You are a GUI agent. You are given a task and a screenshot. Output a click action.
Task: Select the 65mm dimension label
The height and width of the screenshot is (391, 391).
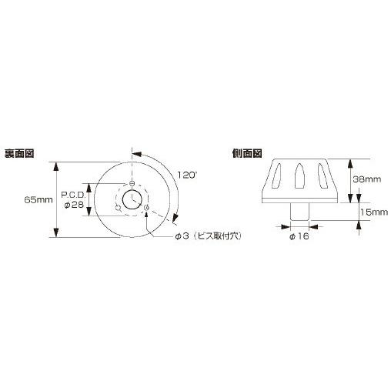coord(36,199)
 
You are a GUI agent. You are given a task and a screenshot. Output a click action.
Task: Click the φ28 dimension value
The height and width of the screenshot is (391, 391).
coord(74,205)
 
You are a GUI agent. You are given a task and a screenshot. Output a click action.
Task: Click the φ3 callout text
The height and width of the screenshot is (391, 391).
coord(183,236)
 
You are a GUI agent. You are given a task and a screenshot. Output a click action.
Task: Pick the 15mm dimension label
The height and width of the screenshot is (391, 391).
coord(369,211)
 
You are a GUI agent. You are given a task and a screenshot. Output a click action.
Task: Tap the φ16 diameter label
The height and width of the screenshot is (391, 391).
coord(299,236)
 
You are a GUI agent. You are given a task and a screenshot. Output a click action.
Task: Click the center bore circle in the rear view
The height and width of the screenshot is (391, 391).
coord(132,199)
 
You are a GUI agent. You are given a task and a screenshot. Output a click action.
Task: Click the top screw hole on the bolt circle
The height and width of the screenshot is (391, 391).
coord(132,183)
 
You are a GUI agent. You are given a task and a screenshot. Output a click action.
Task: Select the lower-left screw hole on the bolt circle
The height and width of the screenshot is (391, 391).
coord(118,208)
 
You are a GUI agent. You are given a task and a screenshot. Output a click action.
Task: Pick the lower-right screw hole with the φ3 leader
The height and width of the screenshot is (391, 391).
coord(146,208)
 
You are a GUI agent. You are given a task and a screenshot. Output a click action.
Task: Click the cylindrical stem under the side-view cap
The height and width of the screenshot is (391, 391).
coord(300,209)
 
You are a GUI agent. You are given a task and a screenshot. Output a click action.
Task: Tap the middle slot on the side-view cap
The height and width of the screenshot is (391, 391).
coord(300,178)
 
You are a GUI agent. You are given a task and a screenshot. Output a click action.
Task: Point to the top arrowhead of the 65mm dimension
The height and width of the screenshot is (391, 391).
coord(57,164)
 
